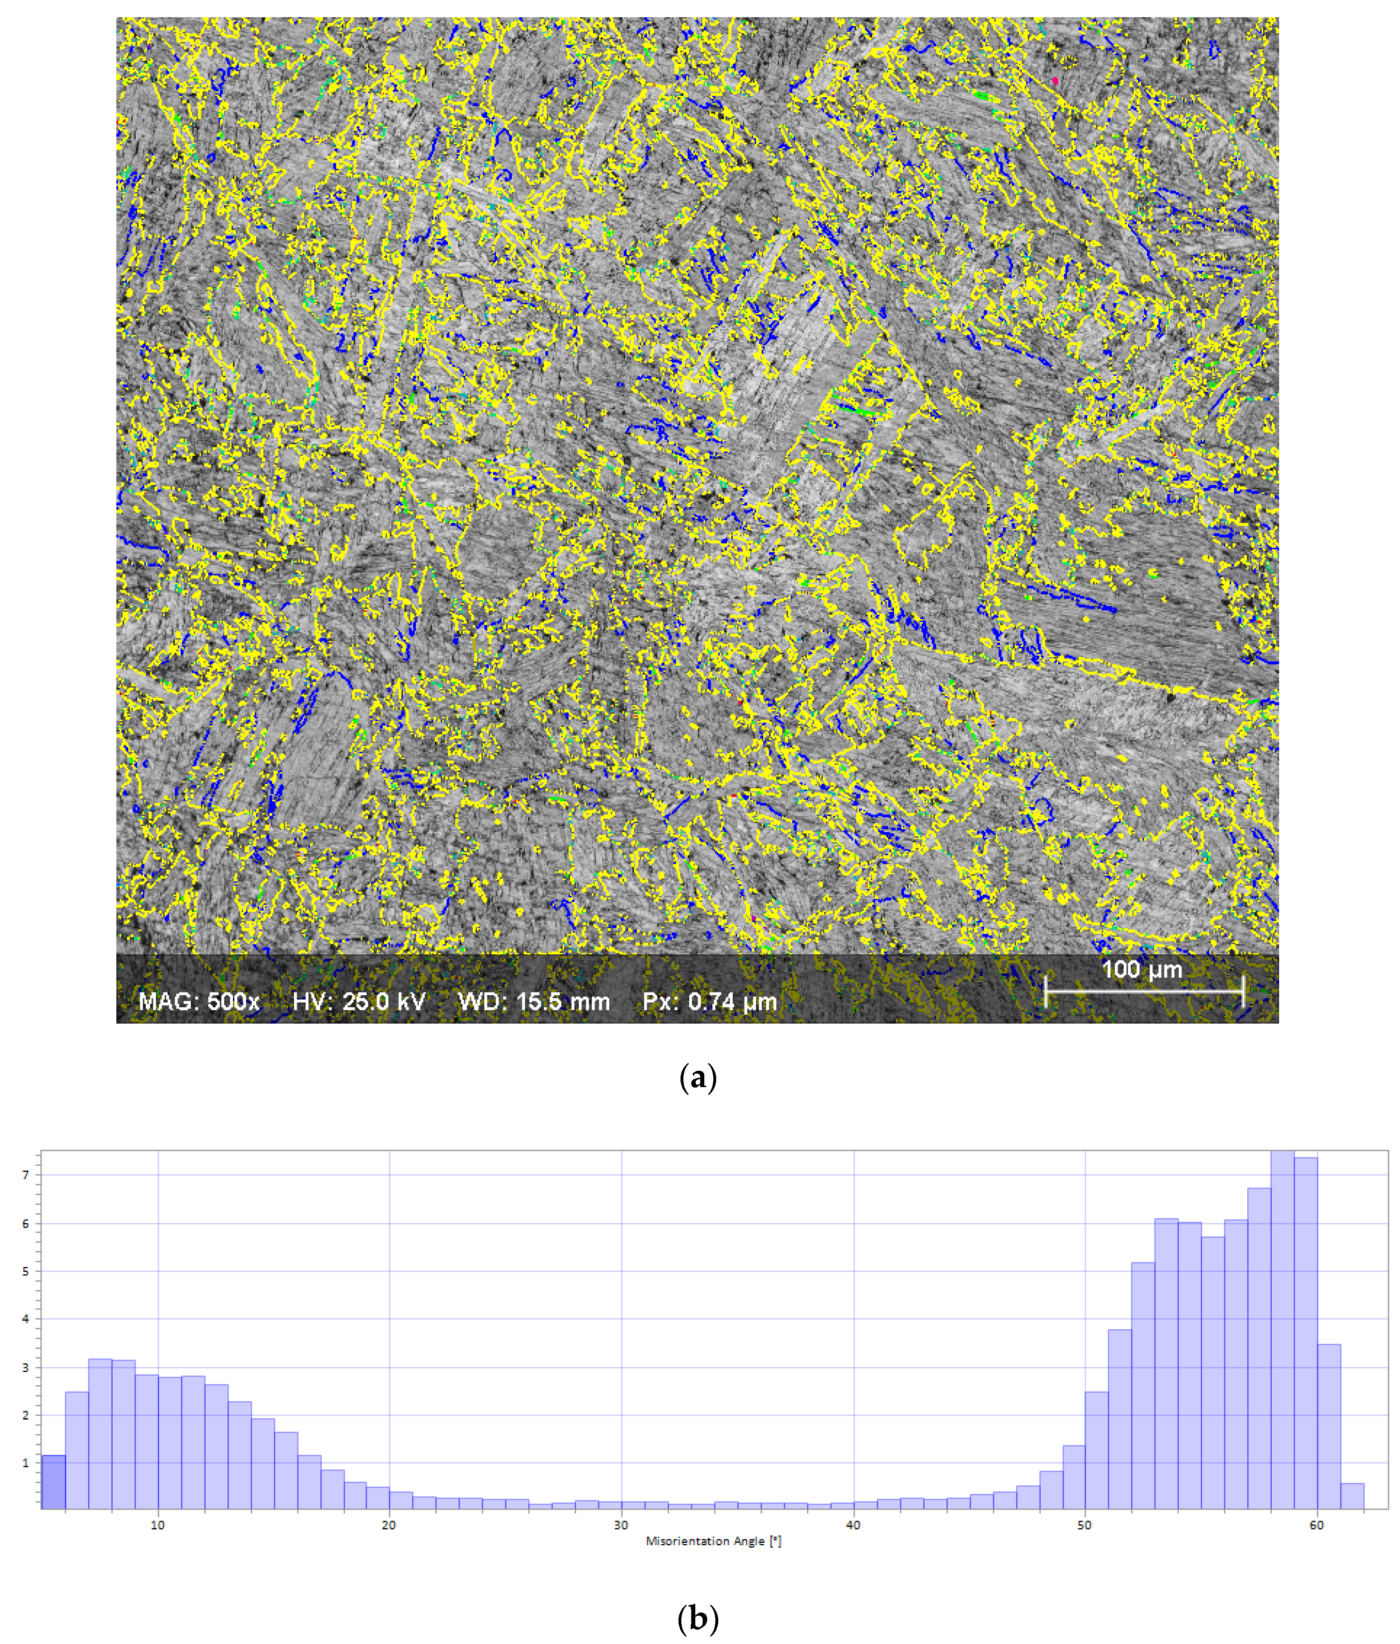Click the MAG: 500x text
coord(199,1001)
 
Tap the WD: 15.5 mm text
coord(534,1001)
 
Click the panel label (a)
coord(698,1077)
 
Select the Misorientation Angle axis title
coord(713,1541)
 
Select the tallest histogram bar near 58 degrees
coord(1282,1333)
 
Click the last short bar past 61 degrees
coord(1352,1496)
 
